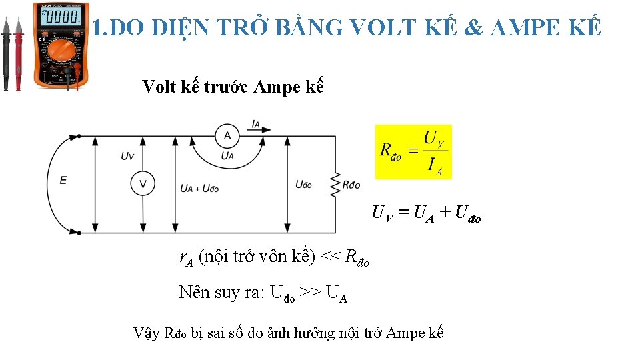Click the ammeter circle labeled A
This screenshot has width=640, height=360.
click(227, 136)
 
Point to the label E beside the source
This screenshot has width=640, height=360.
click(63, 180)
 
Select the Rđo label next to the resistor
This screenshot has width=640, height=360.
click(351, 185)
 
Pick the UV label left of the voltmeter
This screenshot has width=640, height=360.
click(127, 156)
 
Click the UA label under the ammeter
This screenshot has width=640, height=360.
click(227, 157)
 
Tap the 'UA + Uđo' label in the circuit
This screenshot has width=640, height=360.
click(199, 189)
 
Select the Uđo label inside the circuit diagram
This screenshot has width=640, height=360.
click(303, 185)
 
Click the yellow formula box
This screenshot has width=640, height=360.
click(413, 151)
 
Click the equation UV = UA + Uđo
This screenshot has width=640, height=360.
click(426, 214)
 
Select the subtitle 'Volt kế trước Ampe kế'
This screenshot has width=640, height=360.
click(233, 87)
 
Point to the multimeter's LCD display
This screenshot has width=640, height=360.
click(61, 17)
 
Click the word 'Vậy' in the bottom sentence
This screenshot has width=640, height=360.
click(147, 333)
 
